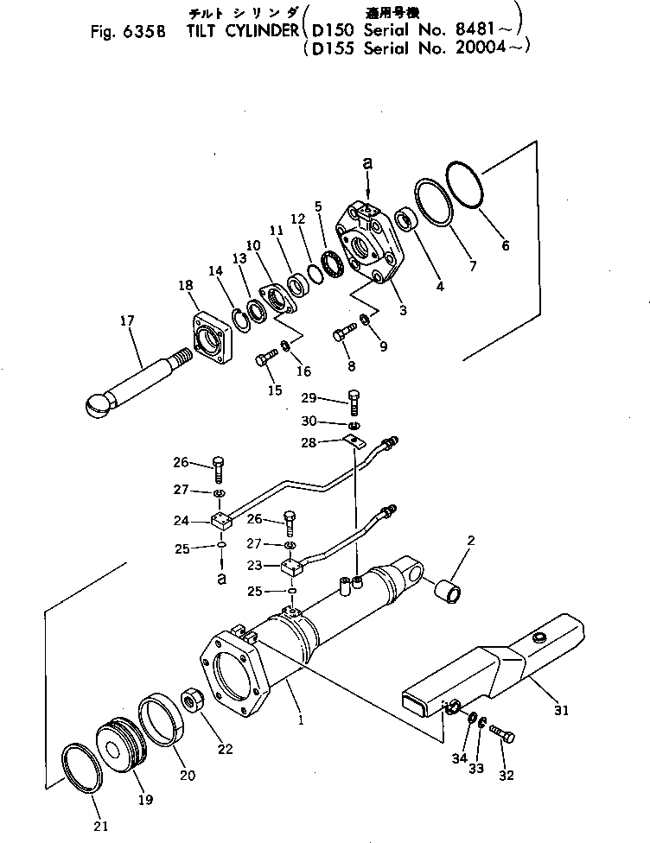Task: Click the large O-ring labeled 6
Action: [468, 184]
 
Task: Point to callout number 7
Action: [472, 266]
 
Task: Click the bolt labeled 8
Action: [342, 331]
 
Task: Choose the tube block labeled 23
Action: [292, 568]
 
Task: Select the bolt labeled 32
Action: [503, 734]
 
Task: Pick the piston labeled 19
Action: [118, 744]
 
